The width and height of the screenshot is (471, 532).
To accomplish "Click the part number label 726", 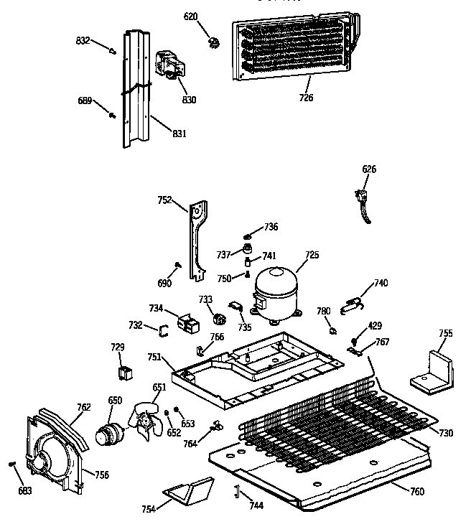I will coord(306,98).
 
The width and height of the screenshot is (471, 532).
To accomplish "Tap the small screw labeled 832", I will coord(113,50).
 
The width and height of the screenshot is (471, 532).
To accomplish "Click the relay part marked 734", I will coord(190,325).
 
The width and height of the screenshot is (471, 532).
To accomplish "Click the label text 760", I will coord(416,491).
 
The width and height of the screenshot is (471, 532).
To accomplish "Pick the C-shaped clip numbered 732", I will coord(163,330).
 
